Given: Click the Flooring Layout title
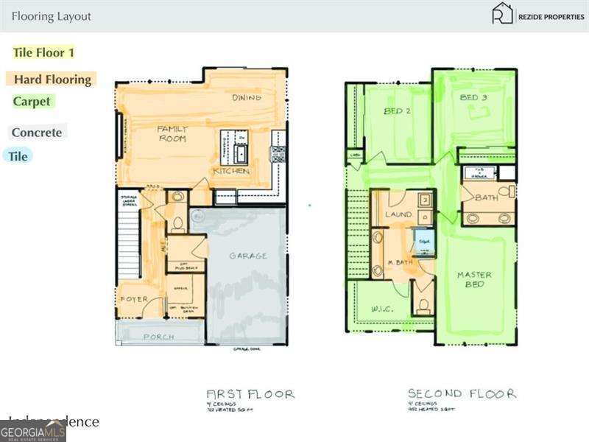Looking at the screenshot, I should coord(52,16).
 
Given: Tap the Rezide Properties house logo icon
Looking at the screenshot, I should coord(502,13).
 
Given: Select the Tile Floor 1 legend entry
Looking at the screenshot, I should coord(43,52).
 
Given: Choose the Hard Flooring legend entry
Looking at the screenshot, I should coord(52,80).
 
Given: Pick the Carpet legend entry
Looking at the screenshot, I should coord(32,102).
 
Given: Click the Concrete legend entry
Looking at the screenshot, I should coord(37,133).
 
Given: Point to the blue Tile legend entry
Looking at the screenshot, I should coord(18,156).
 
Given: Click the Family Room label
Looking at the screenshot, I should coord(172,133).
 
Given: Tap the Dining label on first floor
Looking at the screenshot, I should coord(247,97).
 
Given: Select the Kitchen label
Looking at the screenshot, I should coord(231,171).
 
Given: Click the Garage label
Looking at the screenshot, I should coord(247,256).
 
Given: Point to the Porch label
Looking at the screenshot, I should coord(158,337).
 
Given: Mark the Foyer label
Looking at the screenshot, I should coord(134,299).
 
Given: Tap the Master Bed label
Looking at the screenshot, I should coord(474,279).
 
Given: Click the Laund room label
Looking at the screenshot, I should coord(398,214).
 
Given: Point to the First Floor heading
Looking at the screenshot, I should coord(250,394).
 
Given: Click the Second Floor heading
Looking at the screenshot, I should coord(462,394).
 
